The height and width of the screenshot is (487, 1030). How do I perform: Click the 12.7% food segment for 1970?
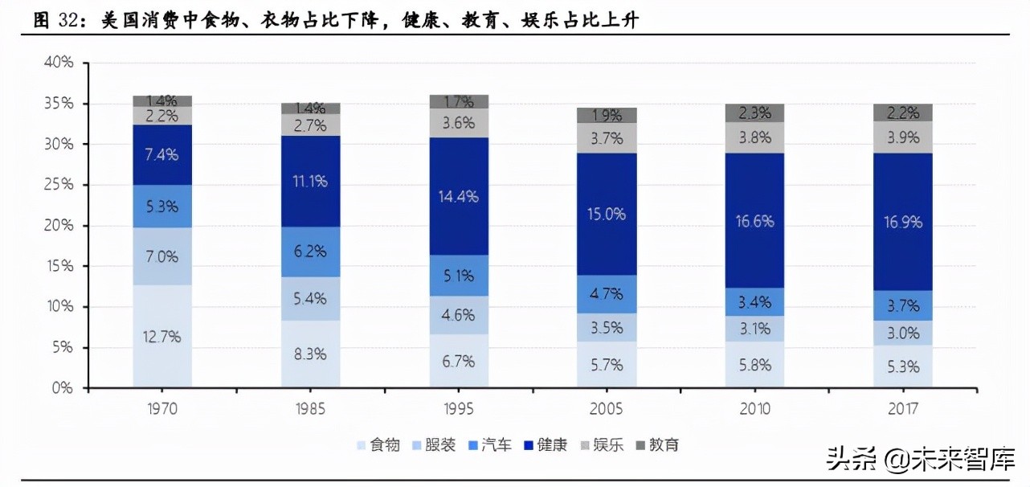click(x=162, y=337)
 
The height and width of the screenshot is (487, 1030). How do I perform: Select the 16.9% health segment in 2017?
click(x=903, y=221)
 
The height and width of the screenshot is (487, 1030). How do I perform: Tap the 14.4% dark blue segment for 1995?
click(x=458, y=196)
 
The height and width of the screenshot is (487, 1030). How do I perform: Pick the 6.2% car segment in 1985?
click(x=310, y=252)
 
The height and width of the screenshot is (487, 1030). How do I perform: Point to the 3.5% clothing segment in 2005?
click(x=607, y=327)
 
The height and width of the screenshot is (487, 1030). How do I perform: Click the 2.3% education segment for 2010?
click(x=754, y=113)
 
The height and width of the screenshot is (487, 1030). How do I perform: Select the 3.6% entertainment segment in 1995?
click(x=458, y=123)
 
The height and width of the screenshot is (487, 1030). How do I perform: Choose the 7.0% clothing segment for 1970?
click(x=162, y=256)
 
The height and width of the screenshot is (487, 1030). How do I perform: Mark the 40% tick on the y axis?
click(x=61, y=63)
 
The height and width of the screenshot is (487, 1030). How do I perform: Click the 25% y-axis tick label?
click(x=61, y=185)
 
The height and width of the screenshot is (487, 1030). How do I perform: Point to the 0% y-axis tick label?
click(x=64, y=388)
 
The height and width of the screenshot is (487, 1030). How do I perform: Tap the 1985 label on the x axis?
click(x=310, y=409)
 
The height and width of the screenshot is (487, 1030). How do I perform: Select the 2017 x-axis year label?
click(x=903, y=409)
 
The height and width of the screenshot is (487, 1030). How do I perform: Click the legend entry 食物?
click(x=378, y=444)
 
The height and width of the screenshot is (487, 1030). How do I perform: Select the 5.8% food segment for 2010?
click(x=754, y=365)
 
